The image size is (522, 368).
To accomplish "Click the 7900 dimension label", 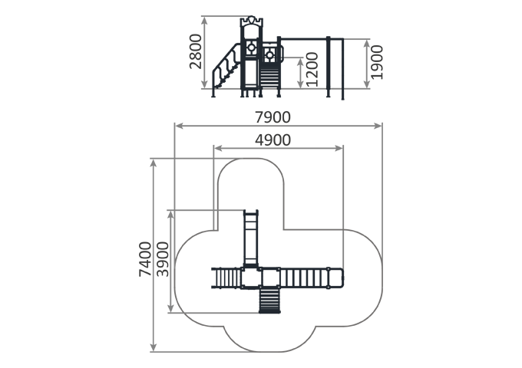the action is (x=273, y=117).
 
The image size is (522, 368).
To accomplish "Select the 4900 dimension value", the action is (x=273, y=140).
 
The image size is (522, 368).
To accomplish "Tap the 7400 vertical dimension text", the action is (x=145, y=259).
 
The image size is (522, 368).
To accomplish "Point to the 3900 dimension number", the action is (x=163, y=259).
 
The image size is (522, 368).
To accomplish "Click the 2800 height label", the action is (x=196, y=51).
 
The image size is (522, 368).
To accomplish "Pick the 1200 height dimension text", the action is (x=312, y=70).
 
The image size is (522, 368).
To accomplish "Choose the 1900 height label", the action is (x=377, y=63).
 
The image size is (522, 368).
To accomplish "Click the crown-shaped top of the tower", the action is (x=251, y=21).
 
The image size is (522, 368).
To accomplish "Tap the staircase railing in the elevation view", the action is (x=226, y=67).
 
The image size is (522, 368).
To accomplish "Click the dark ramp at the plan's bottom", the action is (x=269, y=301).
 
